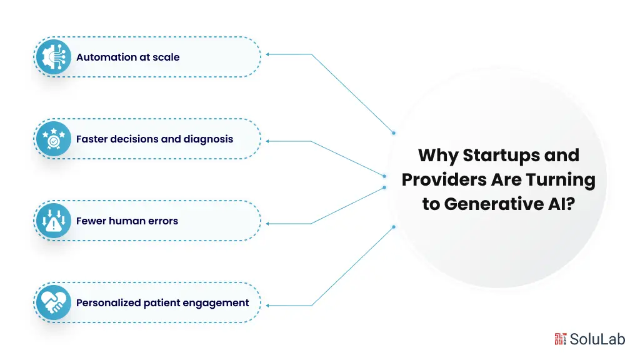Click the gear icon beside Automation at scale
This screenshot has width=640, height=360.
[54, 57]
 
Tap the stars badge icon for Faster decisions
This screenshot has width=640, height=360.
[54, 139]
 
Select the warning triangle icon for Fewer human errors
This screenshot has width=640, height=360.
[54, 221]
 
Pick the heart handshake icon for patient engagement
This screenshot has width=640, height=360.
[54, 303]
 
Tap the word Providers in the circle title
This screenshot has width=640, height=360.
[439, 180]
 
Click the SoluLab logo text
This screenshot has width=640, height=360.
[596, 339]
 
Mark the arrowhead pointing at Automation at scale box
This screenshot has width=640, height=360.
[268, 54]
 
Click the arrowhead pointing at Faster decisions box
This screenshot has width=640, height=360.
[268, 141]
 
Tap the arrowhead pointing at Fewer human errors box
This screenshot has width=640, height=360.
[268, 223]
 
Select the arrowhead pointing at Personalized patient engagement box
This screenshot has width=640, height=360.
[268, 306]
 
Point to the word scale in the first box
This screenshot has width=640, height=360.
[167, 57]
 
